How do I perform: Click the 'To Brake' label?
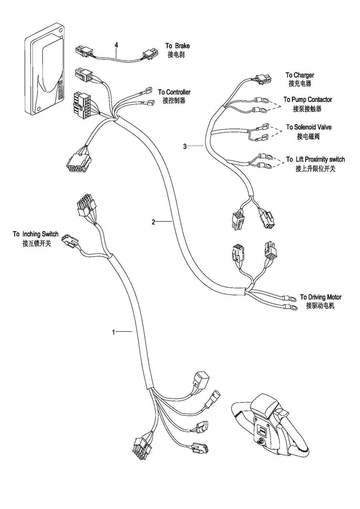(178, 46)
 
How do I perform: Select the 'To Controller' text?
(174, 92)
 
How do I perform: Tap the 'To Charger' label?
(300, 75)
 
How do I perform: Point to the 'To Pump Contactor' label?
(308, 100)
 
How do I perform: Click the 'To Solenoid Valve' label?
(308, 127)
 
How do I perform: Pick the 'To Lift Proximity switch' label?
(315, 160)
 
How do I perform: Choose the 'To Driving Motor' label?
(321, 297)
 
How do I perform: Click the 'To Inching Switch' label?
(36, 234)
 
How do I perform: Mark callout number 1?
(114, 332)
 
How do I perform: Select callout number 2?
(153, 222)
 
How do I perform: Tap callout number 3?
(185, 146)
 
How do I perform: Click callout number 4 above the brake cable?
(116, 45)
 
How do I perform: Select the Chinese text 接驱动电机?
(320, 306)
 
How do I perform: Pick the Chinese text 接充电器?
(300, 84)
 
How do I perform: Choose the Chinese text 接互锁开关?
(37, 243)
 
